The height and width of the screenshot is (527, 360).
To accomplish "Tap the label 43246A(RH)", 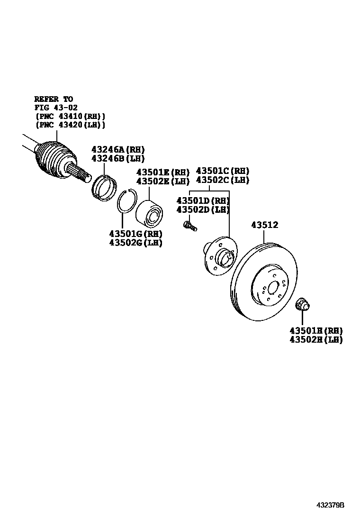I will [118, 149].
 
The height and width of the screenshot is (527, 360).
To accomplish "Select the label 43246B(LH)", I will [118, 158].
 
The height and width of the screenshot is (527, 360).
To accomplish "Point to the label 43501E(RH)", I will [163, 172].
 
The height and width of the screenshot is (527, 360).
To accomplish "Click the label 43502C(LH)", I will [223, 180].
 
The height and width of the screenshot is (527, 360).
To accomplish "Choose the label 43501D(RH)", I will [203, 200].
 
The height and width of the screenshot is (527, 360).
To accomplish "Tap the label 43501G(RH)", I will [135, 234].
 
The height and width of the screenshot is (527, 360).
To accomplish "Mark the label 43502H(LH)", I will [316, 339].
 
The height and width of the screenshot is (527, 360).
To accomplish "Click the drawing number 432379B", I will [331, 505].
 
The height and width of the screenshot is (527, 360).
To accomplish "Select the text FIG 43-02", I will [56, 108].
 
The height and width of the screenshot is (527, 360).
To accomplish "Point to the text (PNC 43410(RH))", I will [70, 116].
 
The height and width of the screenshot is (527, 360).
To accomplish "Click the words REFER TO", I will [54, 99].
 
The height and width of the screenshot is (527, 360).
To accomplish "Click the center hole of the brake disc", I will [273, 288].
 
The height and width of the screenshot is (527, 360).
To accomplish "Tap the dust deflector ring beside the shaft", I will [104, 186].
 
